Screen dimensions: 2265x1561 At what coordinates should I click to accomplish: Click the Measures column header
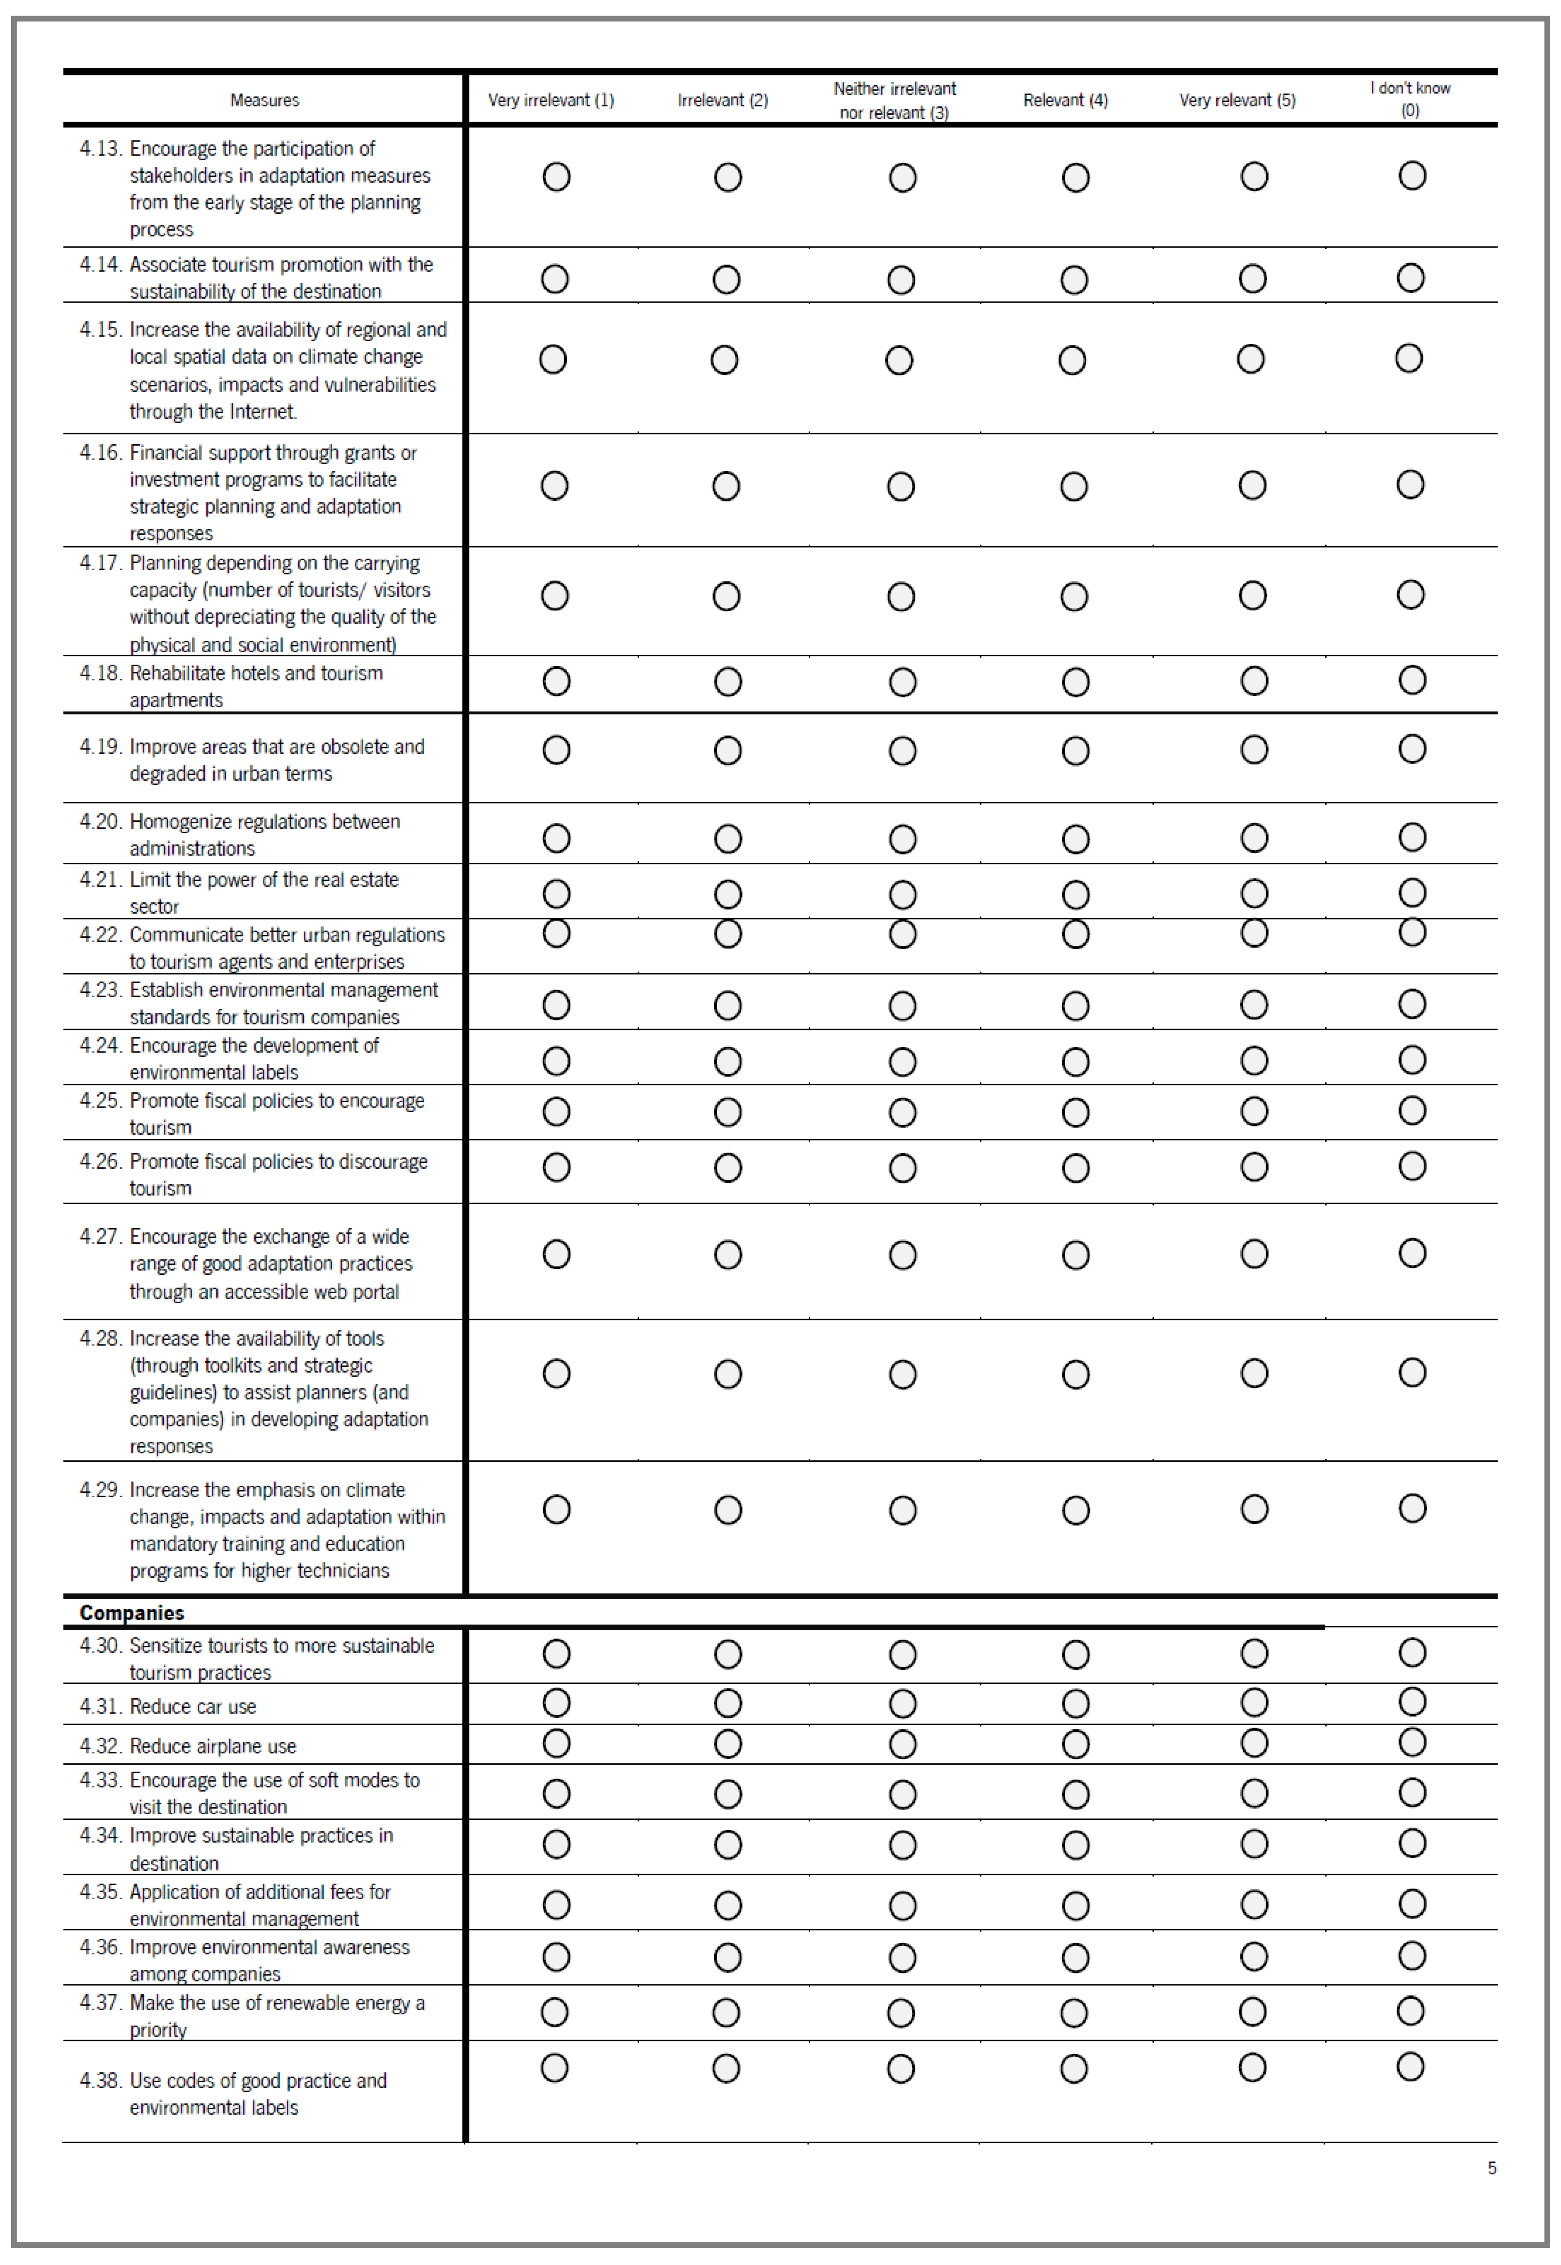pyautogui.click(x=264, y=100)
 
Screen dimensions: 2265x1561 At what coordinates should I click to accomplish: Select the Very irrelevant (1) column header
pyautogui.click(x=551, y=100)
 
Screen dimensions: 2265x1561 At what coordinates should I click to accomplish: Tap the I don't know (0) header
pyautogui.click(x=1409, y=99)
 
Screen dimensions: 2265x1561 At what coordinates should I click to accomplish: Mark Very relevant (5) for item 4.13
pyautogui.click(x=1254, y=177)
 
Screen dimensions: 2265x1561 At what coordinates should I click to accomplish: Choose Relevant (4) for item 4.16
pyautogui.click(x=1074, y=486)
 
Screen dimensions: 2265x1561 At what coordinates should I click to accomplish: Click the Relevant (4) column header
pyautogui.click(x=1065, y=100)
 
